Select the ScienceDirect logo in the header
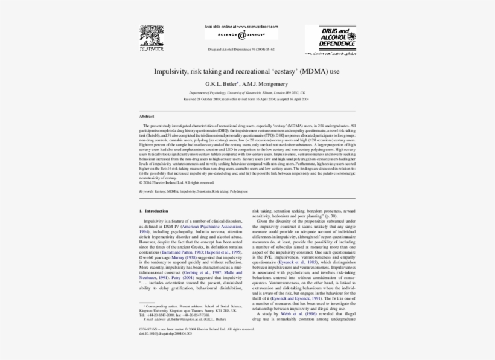pyautogui.click(x=240, y=36)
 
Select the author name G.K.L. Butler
pyautogui.click(x=222, y=83)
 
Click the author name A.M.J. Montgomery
pyautogui.click(x=265, y=83)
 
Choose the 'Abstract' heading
pyautogui.click(x=147, y=116)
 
